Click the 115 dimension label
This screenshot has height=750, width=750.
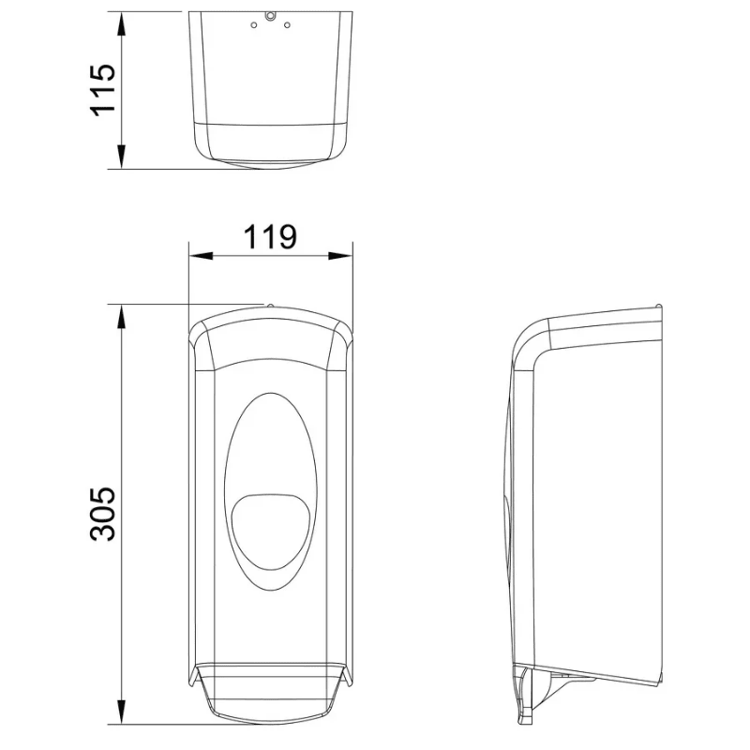[x=103, y=90]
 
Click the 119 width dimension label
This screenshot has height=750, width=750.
[x=270, y=237]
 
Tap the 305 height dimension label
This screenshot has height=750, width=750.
[x=103, y=514]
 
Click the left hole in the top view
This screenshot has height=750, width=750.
[x=254, y=25]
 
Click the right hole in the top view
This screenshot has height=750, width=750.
[x=287, y=25]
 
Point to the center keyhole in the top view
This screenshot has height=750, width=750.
[x=271, y=16]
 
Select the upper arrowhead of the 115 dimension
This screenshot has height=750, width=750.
[x=122, y=24]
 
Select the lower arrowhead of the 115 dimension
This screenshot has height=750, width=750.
[x=122, y=157]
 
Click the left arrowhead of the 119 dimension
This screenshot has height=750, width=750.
[x=201, y=256]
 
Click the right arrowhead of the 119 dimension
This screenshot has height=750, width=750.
[x=340, y=256]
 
